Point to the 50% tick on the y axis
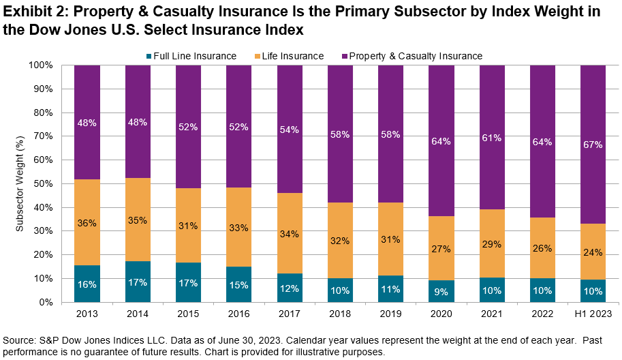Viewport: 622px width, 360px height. coord(45,183)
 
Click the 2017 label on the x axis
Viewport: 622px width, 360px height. coord(290,314)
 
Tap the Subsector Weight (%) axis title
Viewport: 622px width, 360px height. coord(20,183)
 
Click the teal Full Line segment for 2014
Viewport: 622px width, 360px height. coord(138,282)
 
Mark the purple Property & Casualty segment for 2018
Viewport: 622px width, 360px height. coord(340,134)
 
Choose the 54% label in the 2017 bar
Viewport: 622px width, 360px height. coord(290,130)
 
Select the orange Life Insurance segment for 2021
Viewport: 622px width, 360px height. coord(492,243)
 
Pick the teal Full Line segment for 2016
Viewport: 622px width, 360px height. coord(189,284)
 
